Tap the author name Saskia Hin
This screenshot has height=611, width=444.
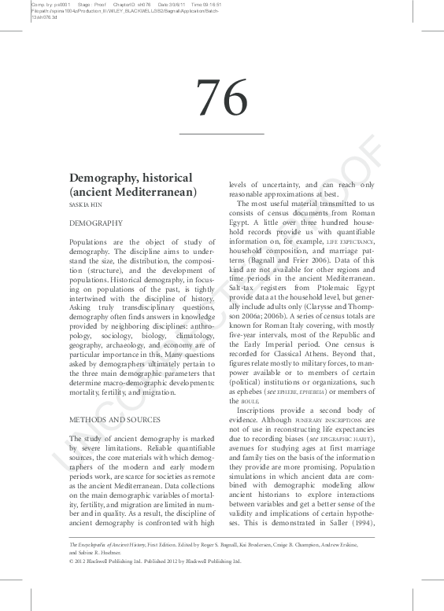pos(86,204)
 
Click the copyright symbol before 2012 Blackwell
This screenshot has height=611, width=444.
pos(72,561)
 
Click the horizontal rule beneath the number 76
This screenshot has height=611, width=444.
pos(221,134)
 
